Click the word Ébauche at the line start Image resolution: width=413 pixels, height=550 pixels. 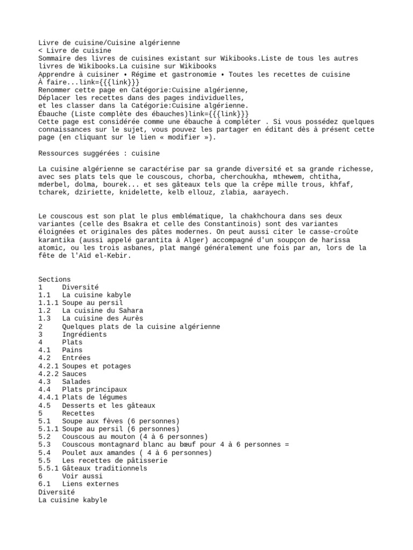54,114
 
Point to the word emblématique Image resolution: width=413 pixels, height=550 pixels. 184,216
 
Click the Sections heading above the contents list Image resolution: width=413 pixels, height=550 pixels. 54,279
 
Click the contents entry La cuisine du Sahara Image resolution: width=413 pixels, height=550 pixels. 102,311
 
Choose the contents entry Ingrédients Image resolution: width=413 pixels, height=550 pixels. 84,335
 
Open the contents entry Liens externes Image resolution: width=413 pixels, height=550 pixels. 90,484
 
